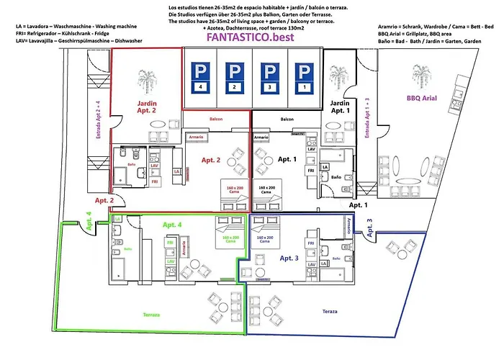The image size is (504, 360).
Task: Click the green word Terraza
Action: click(150, 315)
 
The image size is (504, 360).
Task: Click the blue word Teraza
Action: click(330, 310)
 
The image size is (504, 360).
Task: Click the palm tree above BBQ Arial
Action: click(420, 73)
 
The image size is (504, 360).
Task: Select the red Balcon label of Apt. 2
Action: click(216, 119)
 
